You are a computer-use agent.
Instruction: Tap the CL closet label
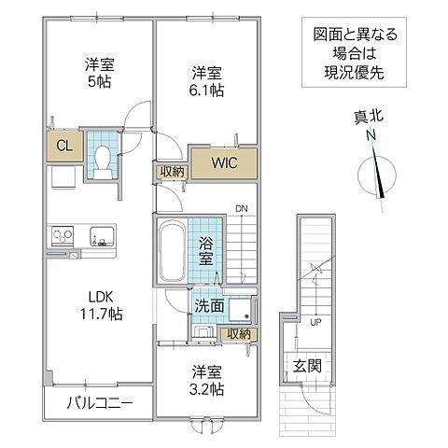point(64,146)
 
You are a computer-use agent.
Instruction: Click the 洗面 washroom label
point(207,306)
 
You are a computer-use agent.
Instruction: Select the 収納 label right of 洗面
point(237,333)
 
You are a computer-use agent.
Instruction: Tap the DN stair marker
point(241,208)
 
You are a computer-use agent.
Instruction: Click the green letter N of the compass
point(371,137)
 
